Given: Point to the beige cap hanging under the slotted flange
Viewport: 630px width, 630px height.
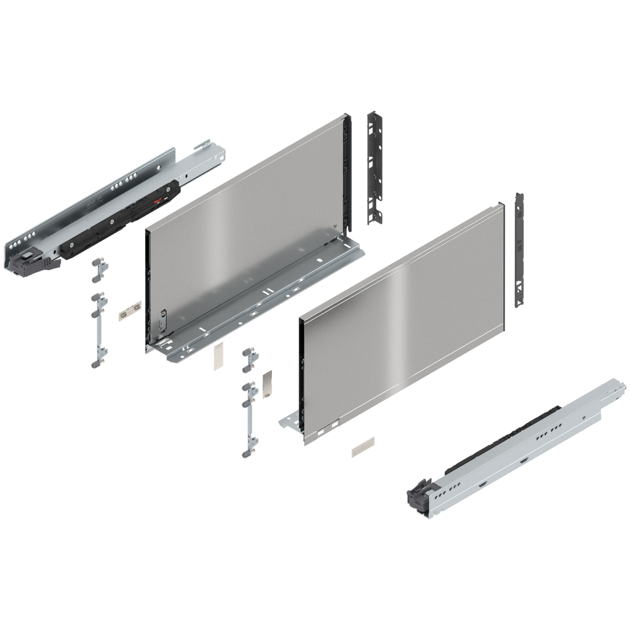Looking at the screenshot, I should point(217,357).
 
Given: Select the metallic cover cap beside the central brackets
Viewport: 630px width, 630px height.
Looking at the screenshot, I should point(266,384).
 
